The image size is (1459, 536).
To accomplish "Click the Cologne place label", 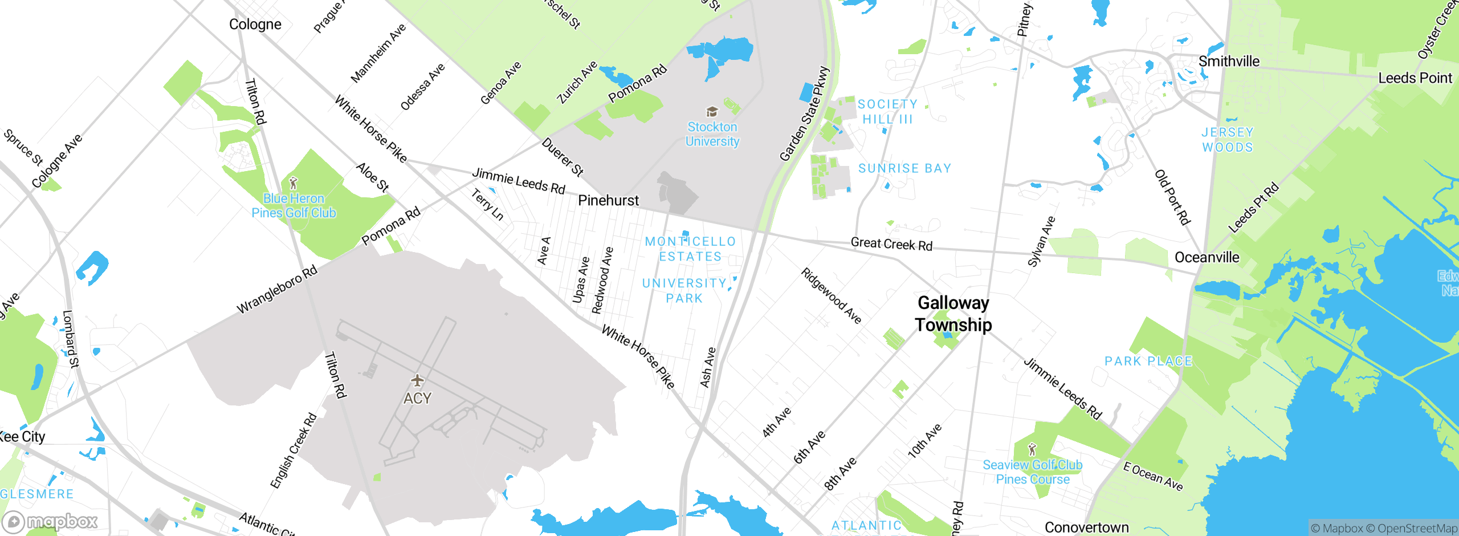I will click(x=255, y=25).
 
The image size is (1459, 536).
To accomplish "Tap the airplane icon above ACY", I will click(x=417, y=380).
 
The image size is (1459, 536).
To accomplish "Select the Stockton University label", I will click(x=712, y=134).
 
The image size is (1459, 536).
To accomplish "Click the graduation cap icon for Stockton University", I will click(x=711, y=111).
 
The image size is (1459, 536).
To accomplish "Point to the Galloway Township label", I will click(x=953, y=314).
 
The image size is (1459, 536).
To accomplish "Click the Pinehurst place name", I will click(x=608, y=201).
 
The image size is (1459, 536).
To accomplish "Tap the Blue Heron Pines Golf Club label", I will click(x=294, y=206).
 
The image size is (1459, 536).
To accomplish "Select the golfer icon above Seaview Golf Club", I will click(x=1032, y=449).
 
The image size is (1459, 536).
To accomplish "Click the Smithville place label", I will click(x=1229, y=62).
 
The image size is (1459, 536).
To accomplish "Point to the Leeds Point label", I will click(x=1415, y=78).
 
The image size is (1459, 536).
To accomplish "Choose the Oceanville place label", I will click(x=1207, y=258).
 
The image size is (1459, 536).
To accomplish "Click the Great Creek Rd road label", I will click(x=891, y=244).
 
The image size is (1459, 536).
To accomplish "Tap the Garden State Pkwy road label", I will click(x=804, y=114).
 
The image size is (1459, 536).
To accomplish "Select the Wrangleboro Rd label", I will click(x=277, y=290).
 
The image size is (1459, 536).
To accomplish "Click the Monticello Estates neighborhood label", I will click(x=690, y=249).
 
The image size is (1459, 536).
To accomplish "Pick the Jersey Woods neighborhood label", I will click(x=1228, y=140).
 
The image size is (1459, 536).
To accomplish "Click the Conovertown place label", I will click(x=1086, y=527).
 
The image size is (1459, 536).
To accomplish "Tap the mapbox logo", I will click(x=50, y=521).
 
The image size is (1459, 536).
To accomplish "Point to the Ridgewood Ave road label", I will click(x=831, y=295).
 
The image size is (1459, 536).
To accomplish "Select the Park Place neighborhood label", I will click(x=1148, y=362).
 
